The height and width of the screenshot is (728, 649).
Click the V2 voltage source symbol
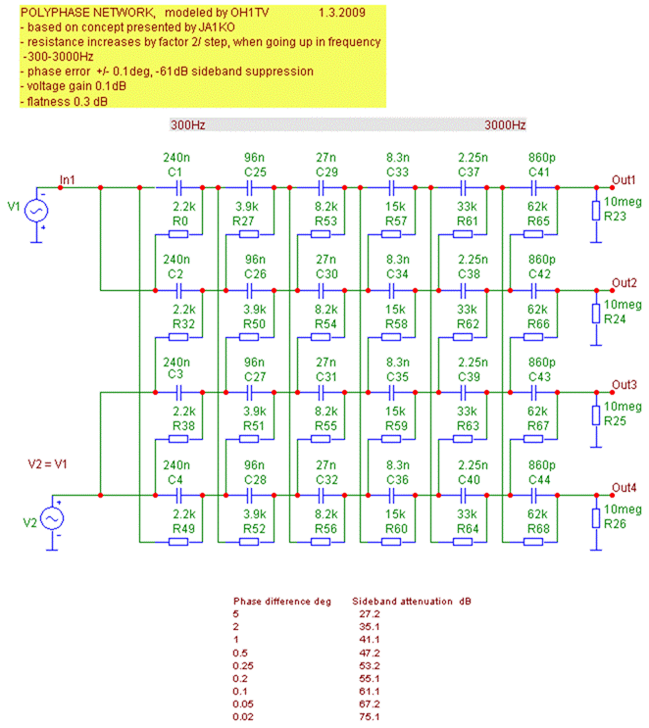coord(48,518)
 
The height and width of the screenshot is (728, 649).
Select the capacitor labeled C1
coord(177,186)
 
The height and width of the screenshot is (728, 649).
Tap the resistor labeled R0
coord(177,234)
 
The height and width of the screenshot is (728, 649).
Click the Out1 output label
coord(624,178)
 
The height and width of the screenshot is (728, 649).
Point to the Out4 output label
coord(624,487)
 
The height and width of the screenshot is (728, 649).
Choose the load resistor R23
coord(595,212)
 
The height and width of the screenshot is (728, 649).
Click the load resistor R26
coord(595,519)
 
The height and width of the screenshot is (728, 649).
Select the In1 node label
coord(68,178)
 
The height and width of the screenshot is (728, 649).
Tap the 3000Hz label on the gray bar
coord(505,125)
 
